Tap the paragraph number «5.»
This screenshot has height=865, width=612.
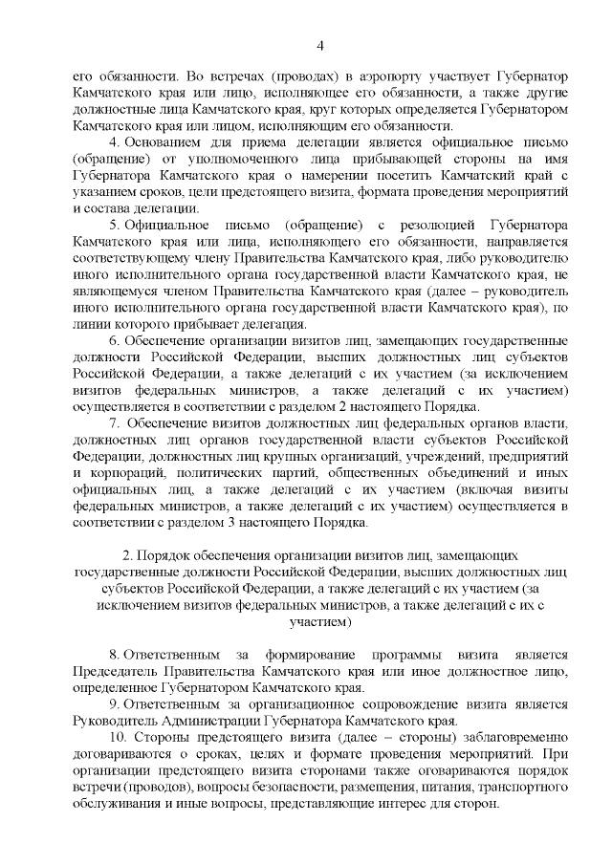click(113, 224)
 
